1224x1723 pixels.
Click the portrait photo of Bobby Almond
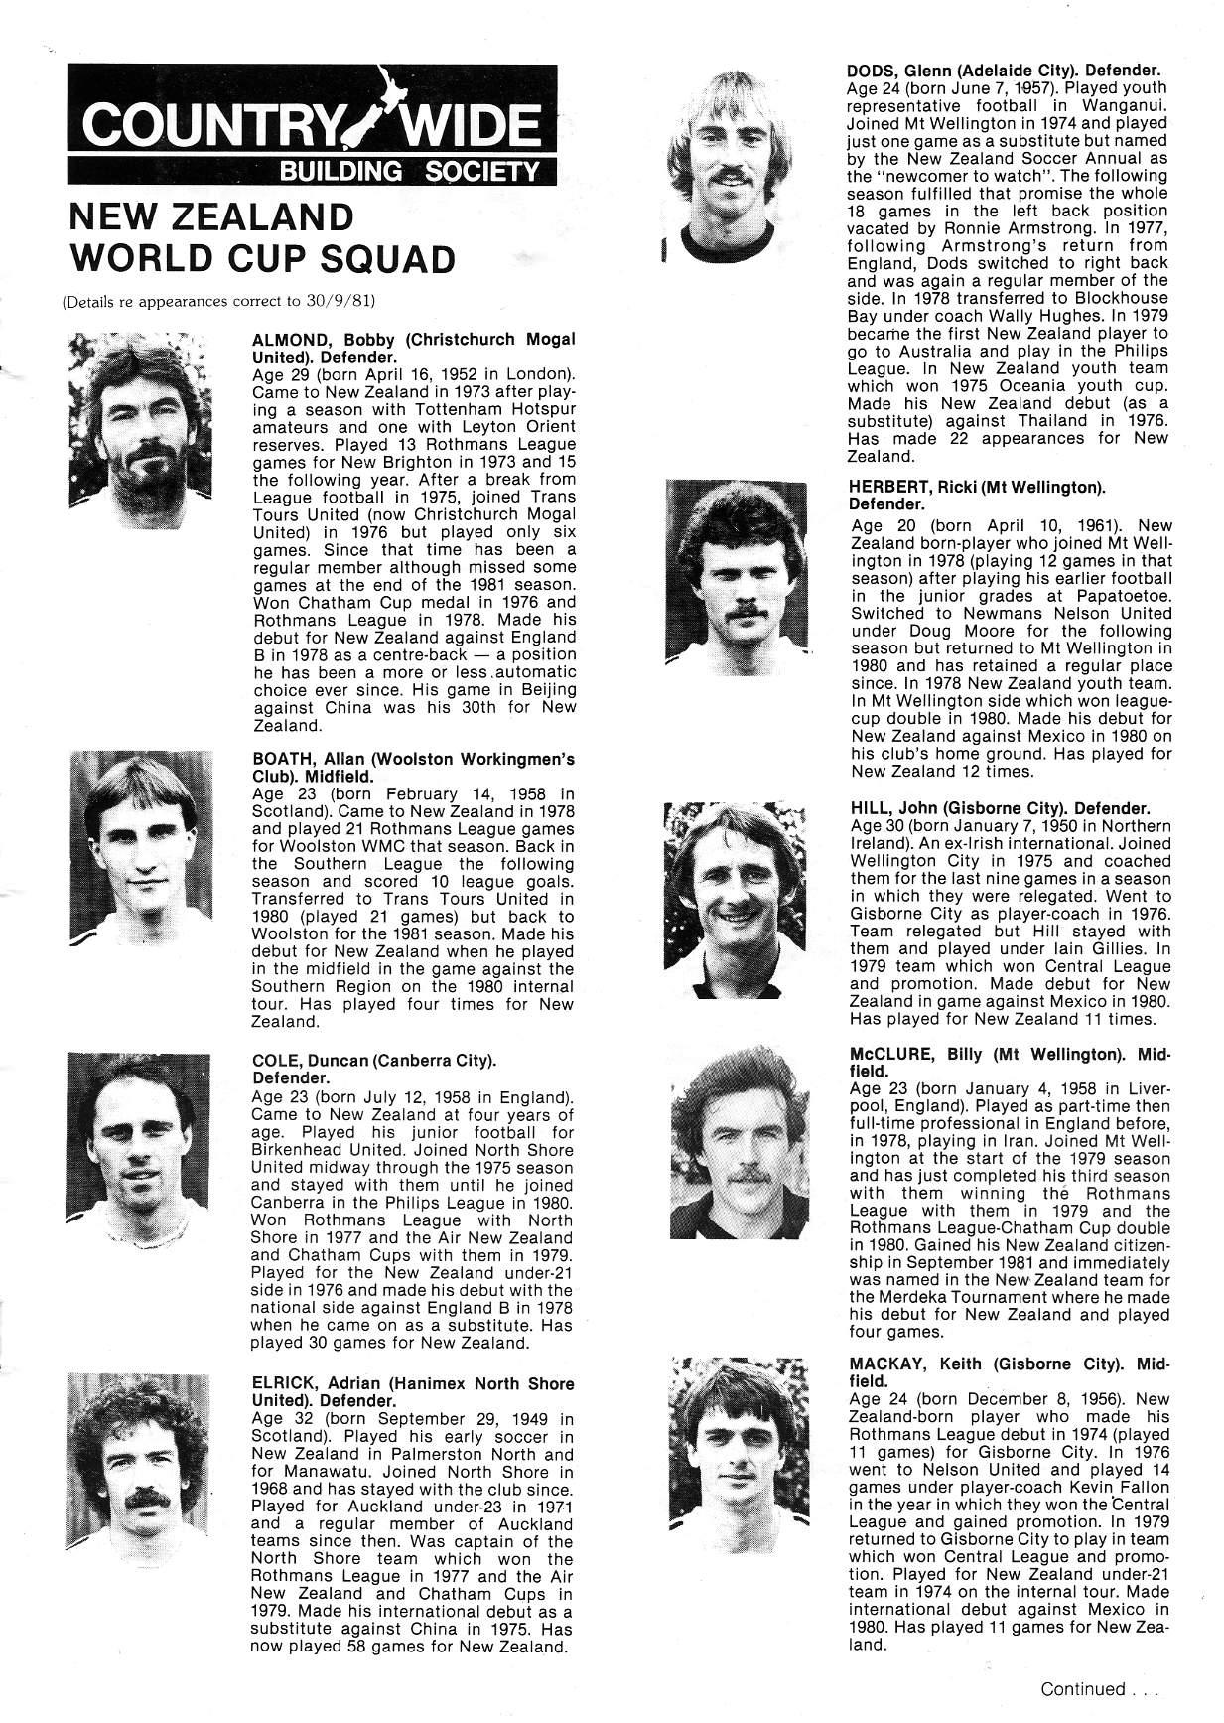click(142, 423)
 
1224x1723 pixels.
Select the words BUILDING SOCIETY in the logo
click(409, 172)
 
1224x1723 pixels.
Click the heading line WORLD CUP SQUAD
click(262, 258)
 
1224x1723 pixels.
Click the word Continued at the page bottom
click(1082, 1688)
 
